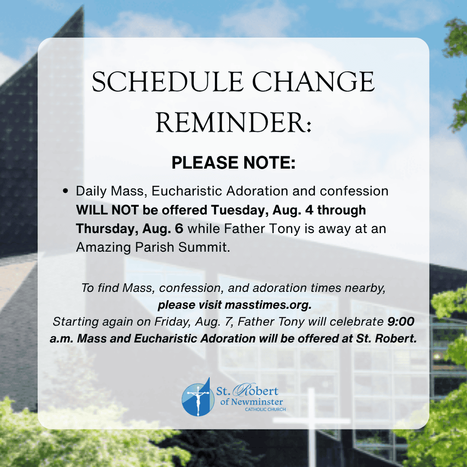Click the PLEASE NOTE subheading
click(233, 163)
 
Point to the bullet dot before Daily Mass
click(65, 191)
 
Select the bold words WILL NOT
click(107, 210)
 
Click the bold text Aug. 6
click(163, 229)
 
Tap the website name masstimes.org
click(268, 305)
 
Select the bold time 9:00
click(401, 322)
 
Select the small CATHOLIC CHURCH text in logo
click(265, 410)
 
